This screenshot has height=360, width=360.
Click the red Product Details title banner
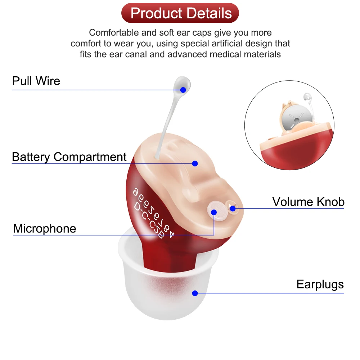180,13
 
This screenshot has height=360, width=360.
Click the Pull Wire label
36,81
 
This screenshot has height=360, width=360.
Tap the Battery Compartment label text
69,157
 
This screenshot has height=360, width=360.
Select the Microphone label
45,229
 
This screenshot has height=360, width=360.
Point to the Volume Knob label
308,202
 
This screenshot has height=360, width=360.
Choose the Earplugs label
320,284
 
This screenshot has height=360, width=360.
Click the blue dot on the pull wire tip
183,90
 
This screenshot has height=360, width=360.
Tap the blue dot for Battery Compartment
195,163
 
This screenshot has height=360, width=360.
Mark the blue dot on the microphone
214,212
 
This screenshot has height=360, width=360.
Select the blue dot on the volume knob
233,208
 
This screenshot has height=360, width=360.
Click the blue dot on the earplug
195,293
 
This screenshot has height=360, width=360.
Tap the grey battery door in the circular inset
295,117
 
